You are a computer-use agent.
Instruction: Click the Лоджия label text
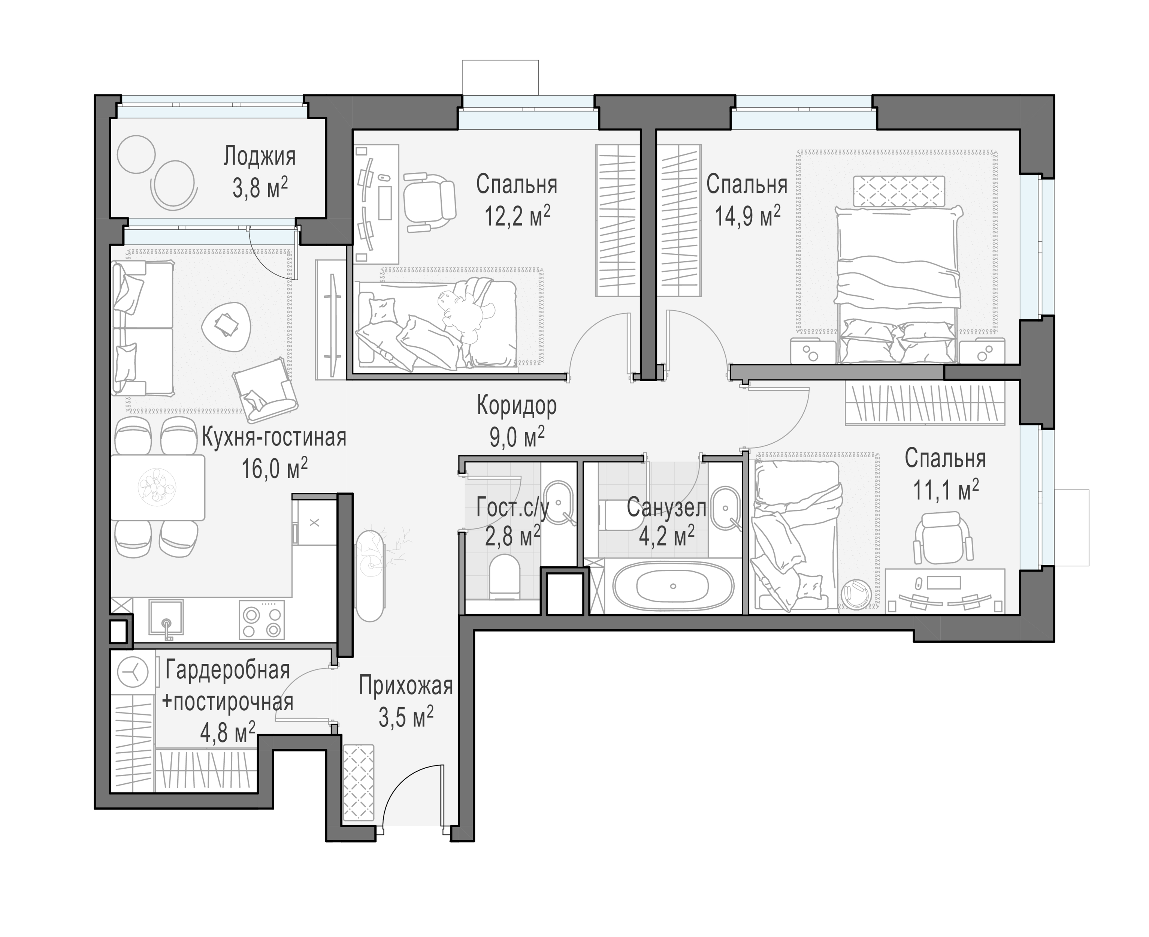tap(260, 157)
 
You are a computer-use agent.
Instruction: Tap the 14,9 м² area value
tap(747, 216)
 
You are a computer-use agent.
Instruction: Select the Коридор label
tap(516, 406)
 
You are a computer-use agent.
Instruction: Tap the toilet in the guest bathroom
tap(504, 578)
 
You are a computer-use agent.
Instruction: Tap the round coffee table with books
tap(226, 326)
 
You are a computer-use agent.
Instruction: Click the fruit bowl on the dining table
tap(157, 486)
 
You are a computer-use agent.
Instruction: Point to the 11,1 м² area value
tap(946, 491)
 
